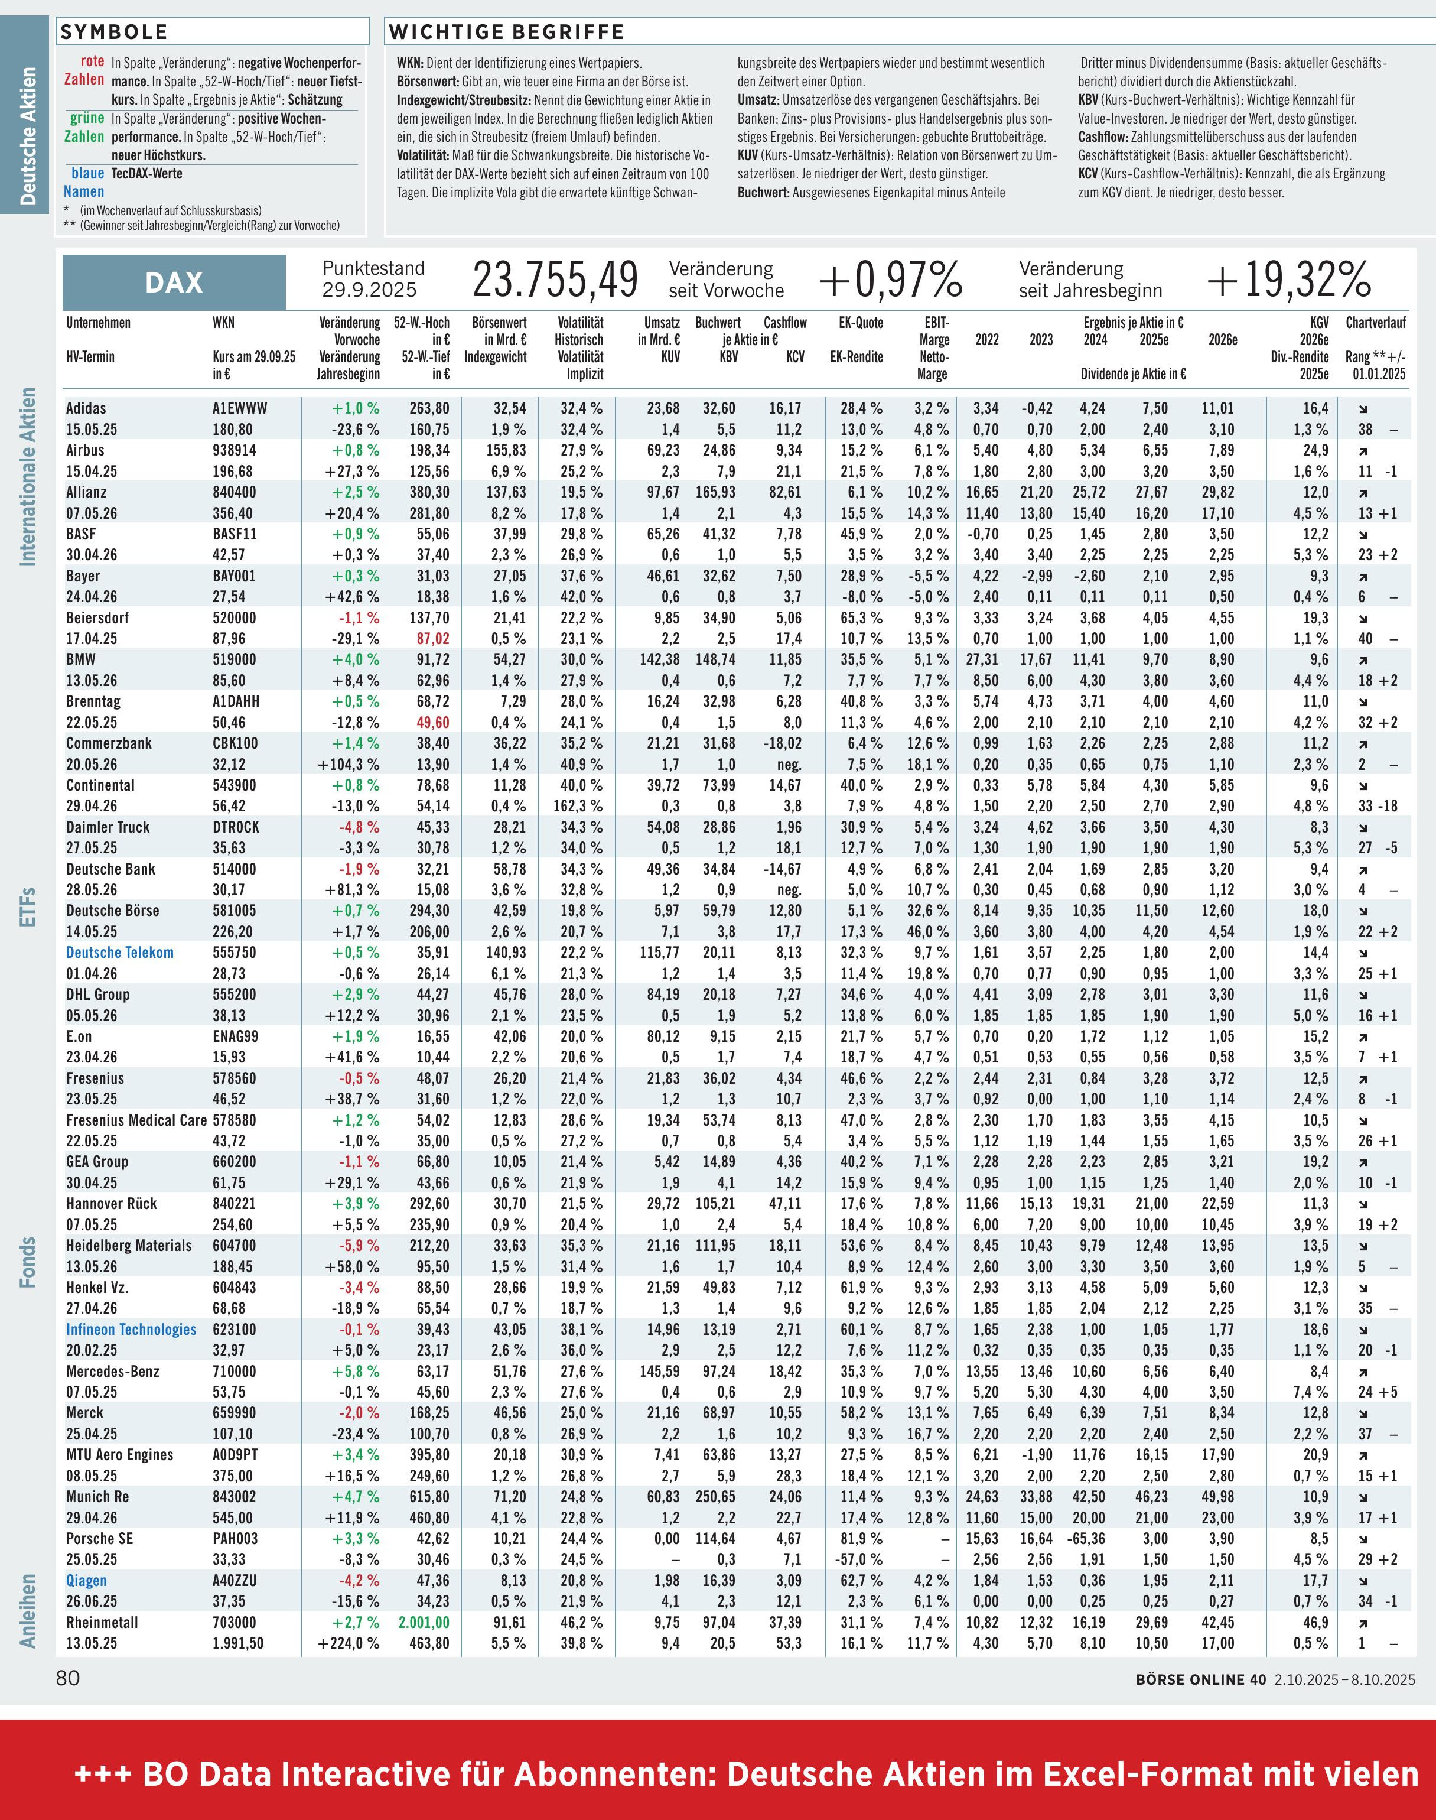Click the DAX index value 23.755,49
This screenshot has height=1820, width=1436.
pos(555,280)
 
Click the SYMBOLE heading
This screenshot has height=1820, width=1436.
pos(113,32)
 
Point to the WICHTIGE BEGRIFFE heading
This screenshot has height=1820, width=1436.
pos(506,32)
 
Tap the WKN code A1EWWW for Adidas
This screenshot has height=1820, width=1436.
pos(240,408)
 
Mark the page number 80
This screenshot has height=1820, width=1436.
pos(68,1678)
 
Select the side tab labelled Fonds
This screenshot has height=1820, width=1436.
pos(28,1262)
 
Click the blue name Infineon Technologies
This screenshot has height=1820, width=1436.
pos(131,1330)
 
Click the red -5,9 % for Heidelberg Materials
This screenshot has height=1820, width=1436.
pos(359,1246)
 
